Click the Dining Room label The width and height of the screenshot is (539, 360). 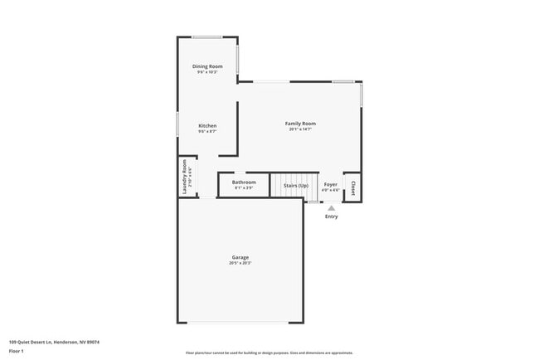pyautogui.click(x=207, y=66)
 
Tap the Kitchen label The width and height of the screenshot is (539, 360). pyautogui.click(x=207, y=126)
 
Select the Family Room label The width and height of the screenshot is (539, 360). pyautogui.click(x=300, y=124)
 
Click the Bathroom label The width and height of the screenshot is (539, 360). pyautogui.click(x=244, y=182)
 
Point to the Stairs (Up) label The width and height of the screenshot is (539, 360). pyautogui.click(x=296, y=185)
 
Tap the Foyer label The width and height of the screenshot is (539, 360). pyautogui.click(x=331, y=184)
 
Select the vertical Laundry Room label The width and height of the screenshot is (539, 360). pyautogui.click(x=185, y=178)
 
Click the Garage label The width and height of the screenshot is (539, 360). pyautogui.click(x=240, y=257)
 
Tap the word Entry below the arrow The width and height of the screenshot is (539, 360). pyautogui.click(x=332, y=216)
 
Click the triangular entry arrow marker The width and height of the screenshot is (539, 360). pyautogui.click(x=332, y=208)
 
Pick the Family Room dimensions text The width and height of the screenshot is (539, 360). pyautogui.click(x=300, y=129)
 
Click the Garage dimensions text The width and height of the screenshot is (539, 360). pyautogui.click(x=240, y=263)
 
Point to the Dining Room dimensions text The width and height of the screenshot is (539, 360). pyautogui.click(x=207, y=72)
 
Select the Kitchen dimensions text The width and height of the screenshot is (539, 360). pyautogui.click(x=207, y=132)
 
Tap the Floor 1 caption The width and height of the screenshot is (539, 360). pyautogui.click(x=16, y=351)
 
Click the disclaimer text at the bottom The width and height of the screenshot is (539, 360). pyautogui.click(x=269, y=353)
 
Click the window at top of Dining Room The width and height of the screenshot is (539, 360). pyautogui.click(x=207, y=36)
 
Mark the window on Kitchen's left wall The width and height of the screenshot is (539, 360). pyautogui.click(x=177, y=124)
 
